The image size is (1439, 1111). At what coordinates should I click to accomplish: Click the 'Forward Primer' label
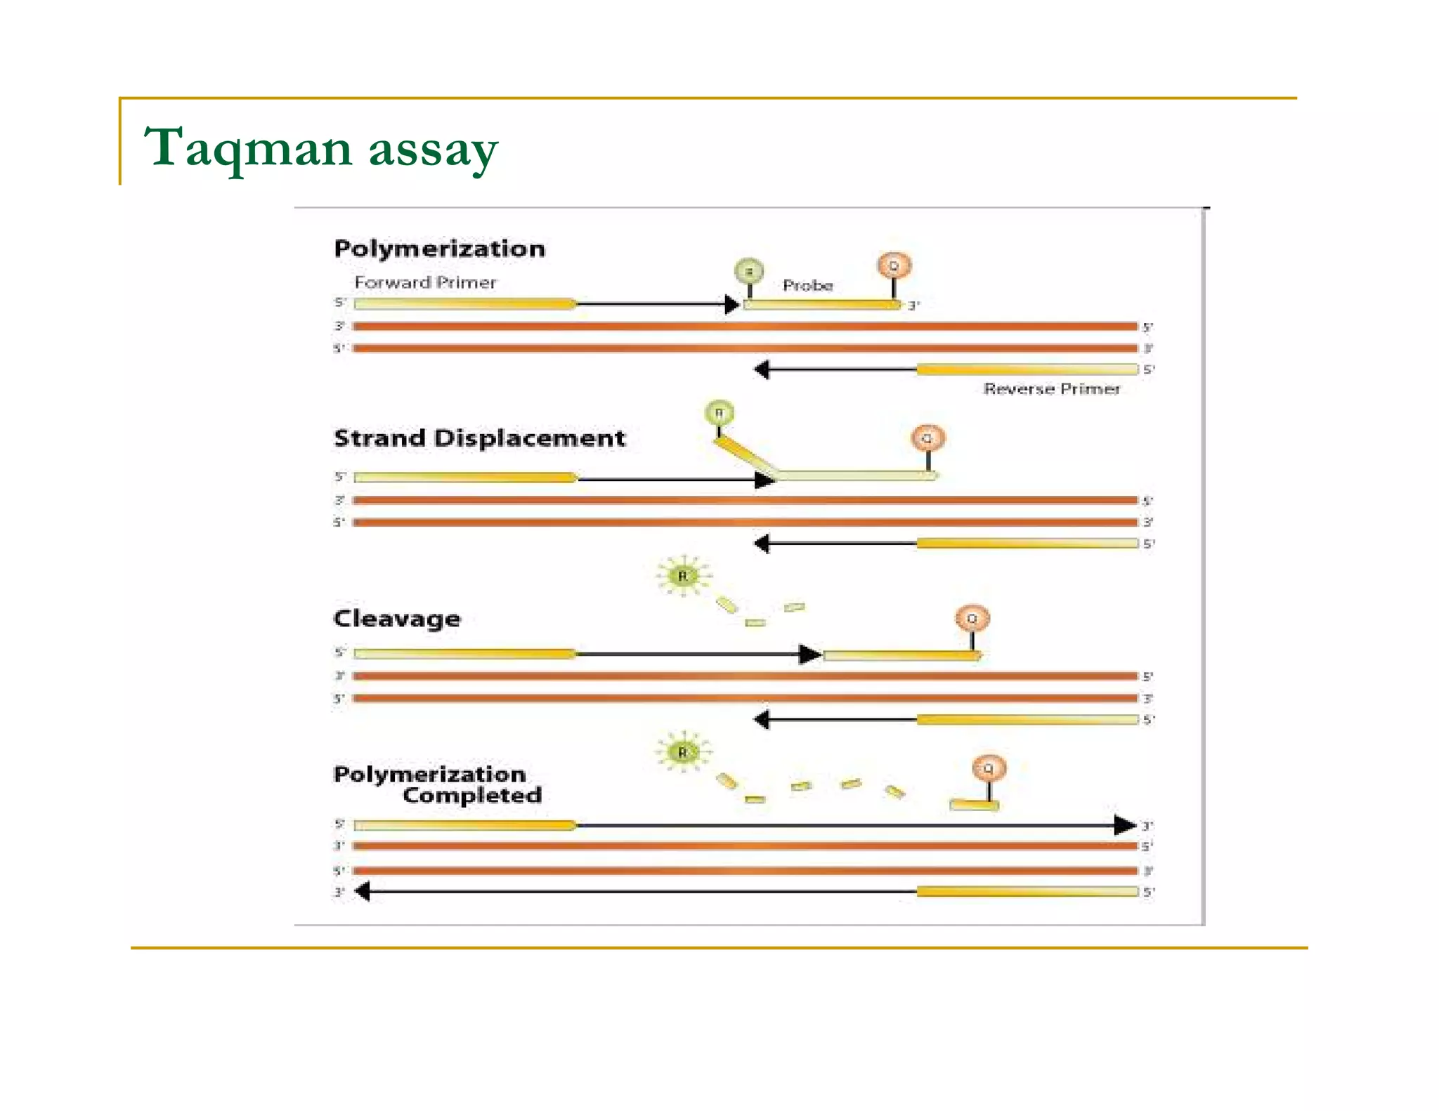[425, 282]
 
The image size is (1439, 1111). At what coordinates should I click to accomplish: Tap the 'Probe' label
[807, 285]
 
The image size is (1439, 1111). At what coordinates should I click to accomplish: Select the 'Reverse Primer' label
[1051, 388]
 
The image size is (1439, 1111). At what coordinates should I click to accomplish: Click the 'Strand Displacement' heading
[479, 438]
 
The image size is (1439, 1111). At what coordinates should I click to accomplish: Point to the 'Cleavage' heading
[397, 618]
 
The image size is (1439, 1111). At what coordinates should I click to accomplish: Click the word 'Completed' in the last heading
[472, 795]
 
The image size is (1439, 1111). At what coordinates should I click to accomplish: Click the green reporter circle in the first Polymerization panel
[749, 270]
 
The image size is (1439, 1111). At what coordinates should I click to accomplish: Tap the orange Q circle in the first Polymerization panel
[894, 266]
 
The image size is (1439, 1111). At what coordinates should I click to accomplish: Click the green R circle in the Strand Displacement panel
[719, 413]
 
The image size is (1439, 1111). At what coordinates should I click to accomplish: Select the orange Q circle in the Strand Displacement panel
[927, 438]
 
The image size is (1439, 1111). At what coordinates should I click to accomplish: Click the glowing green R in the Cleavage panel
[682, 576]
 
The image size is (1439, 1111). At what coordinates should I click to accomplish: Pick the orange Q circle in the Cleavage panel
[972, 619]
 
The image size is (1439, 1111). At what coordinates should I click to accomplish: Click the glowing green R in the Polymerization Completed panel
[682, 752]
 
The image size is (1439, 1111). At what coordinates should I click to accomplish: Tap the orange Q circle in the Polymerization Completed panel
[989, 768]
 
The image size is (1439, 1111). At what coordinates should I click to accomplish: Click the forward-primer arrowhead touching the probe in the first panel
[731, 304]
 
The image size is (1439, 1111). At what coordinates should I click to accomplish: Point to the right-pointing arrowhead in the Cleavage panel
[810, 654]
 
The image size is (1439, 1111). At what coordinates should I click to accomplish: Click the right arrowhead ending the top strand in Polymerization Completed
[1124, 825]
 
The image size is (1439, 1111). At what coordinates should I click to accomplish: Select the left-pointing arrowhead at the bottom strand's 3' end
[363, 891]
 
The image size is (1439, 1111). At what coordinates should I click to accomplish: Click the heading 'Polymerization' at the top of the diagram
[439, 249]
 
